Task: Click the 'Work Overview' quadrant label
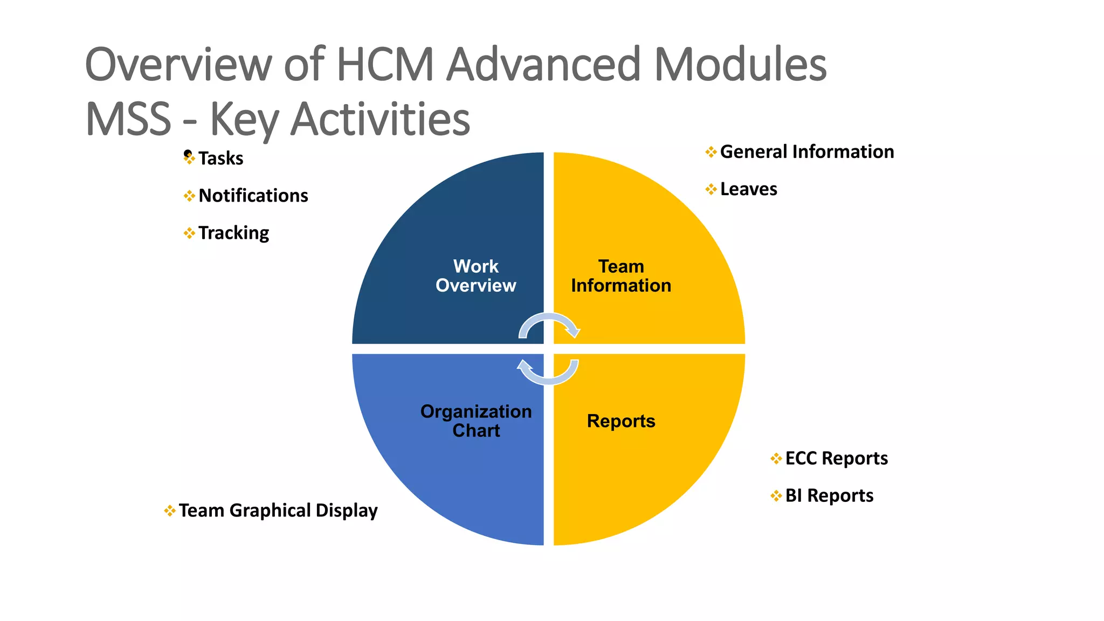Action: (x=475, y=276)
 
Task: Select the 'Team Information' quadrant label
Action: (x=621, y=276)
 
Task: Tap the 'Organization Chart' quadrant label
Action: (x=476, y=421)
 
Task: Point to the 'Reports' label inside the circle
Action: (x=621, y=421)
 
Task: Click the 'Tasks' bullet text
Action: (x=220, y=158)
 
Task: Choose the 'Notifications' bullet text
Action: (x=253, y=196)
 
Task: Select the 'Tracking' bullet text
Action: (x=233, y=233)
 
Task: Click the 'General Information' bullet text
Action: (x=807, y=152)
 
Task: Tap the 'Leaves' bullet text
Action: (x=749, y=189)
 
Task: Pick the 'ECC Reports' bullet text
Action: (x=837, y=458)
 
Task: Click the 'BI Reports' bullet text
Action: (x=829, y=495)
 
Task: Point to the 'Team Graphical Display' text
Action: (x=278, y=510)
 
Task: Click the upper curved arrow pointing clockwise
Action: (x=549, y=321)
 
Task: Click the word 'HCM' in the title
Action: (x=385, y=65)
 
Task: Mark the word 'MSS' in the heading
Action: (x=128, y=119)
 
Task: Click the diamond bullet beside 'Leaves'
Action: (x=711, y=189)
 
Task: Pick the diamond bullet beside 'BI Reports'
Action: (x=776, y=495)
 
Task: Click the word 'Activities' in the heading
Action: (x=380, y=119)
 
